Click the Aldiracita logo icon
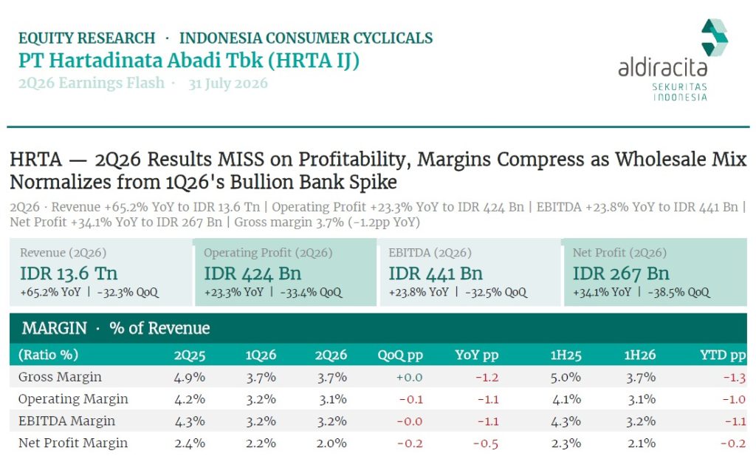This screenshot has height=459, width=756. [x=714, y=37]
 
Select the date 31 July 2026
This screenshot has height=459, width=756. [x=227, y=84]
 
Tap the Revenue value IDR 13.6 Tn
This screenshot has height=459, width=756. [x=69, y=273]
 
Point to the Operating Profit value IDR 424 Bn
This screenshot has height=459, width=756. [x=252, y=273]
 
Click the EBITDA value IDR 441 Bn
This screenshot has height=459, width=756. [x=436, y=273]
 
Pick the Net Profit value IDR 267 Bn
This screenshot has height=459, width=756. [x=621, y=273]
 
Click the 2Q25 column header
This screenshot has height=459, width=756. [x=190, y=356]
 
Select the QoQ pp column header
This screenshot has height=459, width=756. [x=400, y=356]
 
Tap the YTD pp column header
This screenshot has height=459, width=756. [x=723, y=356]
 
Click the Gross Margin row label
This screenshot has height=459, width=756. [x=60, y=377]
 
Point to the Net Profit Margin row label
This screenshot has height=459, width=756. [x=73, y=443]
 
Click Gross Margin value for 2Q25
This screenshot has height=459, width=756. [x=190, y=378]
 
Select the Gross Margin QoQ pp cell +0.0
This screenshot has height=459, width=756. [x=409, y=378]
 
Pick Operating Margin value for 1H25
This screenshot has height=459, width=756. [x=566, y=400]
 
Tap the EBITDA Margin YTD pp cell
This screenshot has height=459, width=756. [x=735, y=421]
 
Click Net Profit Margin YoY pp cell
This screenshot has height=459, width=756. [x=486, y=443]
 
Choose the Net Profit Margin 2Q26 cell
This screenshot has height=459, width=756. [x=331, y=443]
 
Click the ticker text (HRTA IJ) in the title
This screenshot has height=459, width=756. [x=313, y=61]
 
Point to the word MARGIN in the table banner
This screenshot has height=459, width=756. [x=54, y=328]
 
